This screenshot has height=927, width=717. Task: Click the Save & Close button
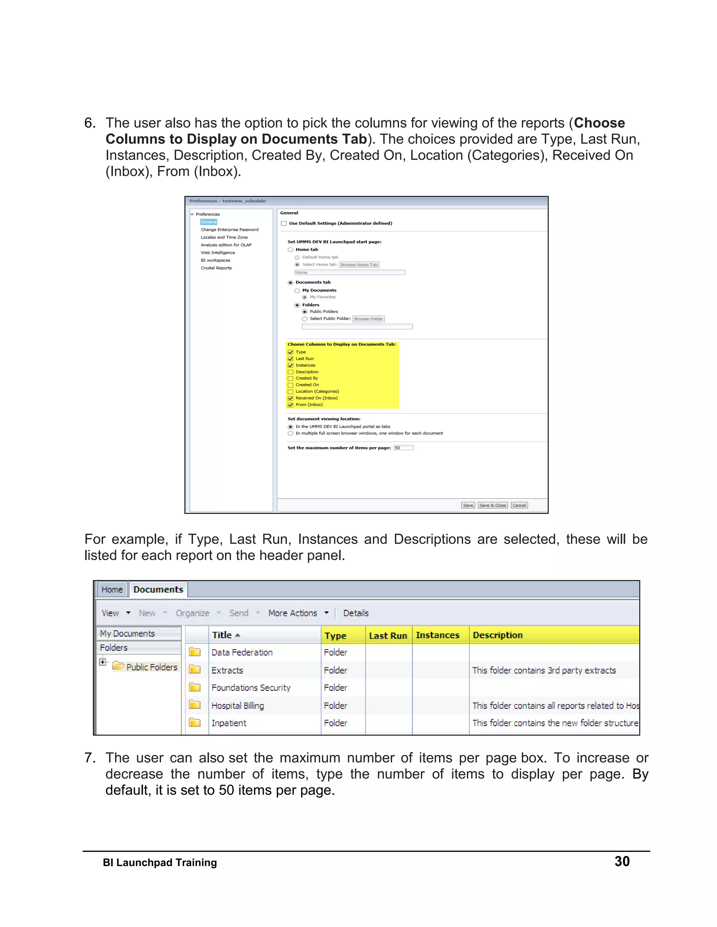(x=492, y=505)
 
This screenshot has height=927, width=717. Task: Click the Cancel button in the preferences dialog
(x=519, y=505)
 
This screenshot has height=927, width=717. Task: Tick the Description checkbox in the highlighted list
(x=291, y=372)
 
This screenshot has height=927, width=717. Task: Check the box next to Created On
(x=291, y=385)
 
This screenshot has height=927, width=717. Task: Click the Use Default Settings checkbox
(x=284, y=223)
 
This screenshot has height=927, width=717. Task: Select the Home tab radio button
(x=291, y=249)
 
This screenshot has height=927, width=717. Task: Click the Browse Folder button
(x=368, y=319)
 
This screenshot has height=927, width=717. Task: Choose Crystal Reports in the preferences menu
(x=216, y=268)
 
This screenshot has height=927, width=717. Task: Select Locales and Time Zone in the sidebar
(x=224, y=237)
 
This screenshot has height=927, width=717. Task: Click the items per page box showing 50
(x=403, y=448)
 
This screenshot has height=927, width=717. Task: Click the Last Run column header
(x=388, y=635)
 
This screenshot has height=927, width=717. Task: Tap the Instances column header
(x=438, y=635)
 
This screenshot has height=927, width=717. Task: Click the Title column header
(x=222, y=635)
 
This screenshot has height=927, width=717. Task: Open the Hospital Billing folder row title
(x=237, y=706)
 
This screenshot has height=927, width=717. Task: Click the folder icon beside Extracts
(x=195, y=670)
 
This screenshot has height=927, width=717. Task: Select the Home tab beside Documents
(x=112, y=589)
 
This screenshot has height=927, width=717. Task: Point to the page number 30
(x=622, y=861)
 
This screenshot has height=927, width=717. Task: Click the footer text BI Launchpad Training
(x=160, y=863)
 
